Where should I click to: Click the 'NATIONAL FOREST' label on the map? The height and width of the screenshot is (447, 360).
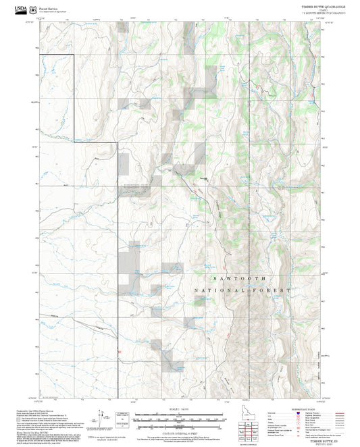click(x=242, y=290)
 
